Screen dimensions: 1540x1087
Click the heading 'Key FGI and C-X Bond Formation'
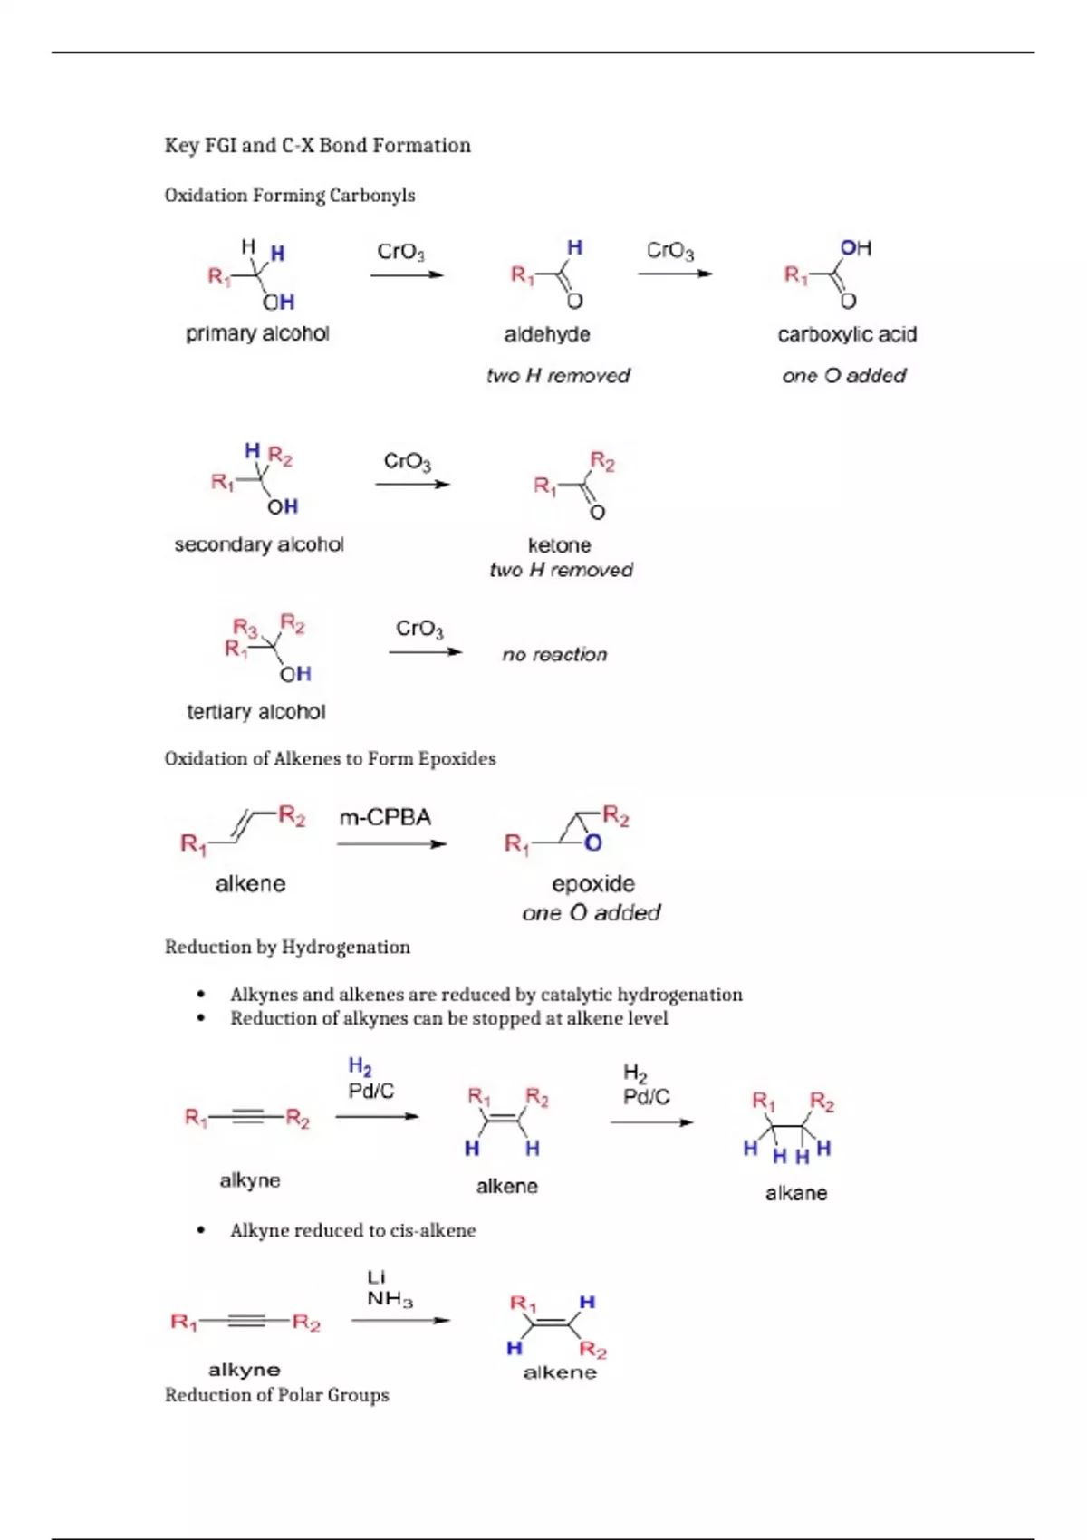317,146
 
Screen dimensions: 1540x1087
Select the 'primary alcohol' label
257,334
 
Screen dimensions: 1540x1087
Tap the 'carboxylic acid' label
847,335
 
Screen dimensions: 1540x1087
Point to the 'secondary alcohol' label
259,544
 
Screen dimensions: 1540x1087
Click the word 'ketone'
559,545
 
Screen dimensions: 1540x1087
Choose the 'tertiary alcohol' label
255,712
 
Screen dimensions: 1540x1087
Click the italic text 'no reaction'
554,654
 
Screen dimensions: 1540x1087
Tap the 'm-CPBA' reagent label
385,818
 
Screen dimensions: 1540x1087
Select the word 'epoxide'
593,883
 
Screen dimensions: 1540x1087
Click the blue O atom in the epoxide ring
593,844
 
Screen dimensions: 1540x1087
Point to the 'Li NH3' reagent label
389,1288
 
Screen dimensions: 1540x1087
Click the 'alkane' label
795,1193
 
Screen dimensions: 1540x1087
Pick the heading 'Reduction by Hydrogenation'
287,948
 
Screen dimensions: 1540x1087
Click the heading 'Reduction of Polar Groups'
276,1395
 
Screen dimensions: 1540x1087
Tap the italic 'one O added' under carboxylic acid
843,376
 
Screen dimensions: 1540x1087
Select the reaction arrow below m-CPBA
391,844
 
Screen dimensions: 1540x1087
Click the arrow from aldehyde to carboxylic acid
675,274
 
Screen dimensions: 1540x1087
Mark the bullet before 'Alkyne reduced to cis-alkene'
200,1230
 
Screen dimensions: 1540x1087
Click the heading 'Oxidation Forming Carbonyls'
290,196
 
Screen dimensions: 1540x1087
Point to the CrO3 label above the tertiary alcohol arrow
419,629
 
